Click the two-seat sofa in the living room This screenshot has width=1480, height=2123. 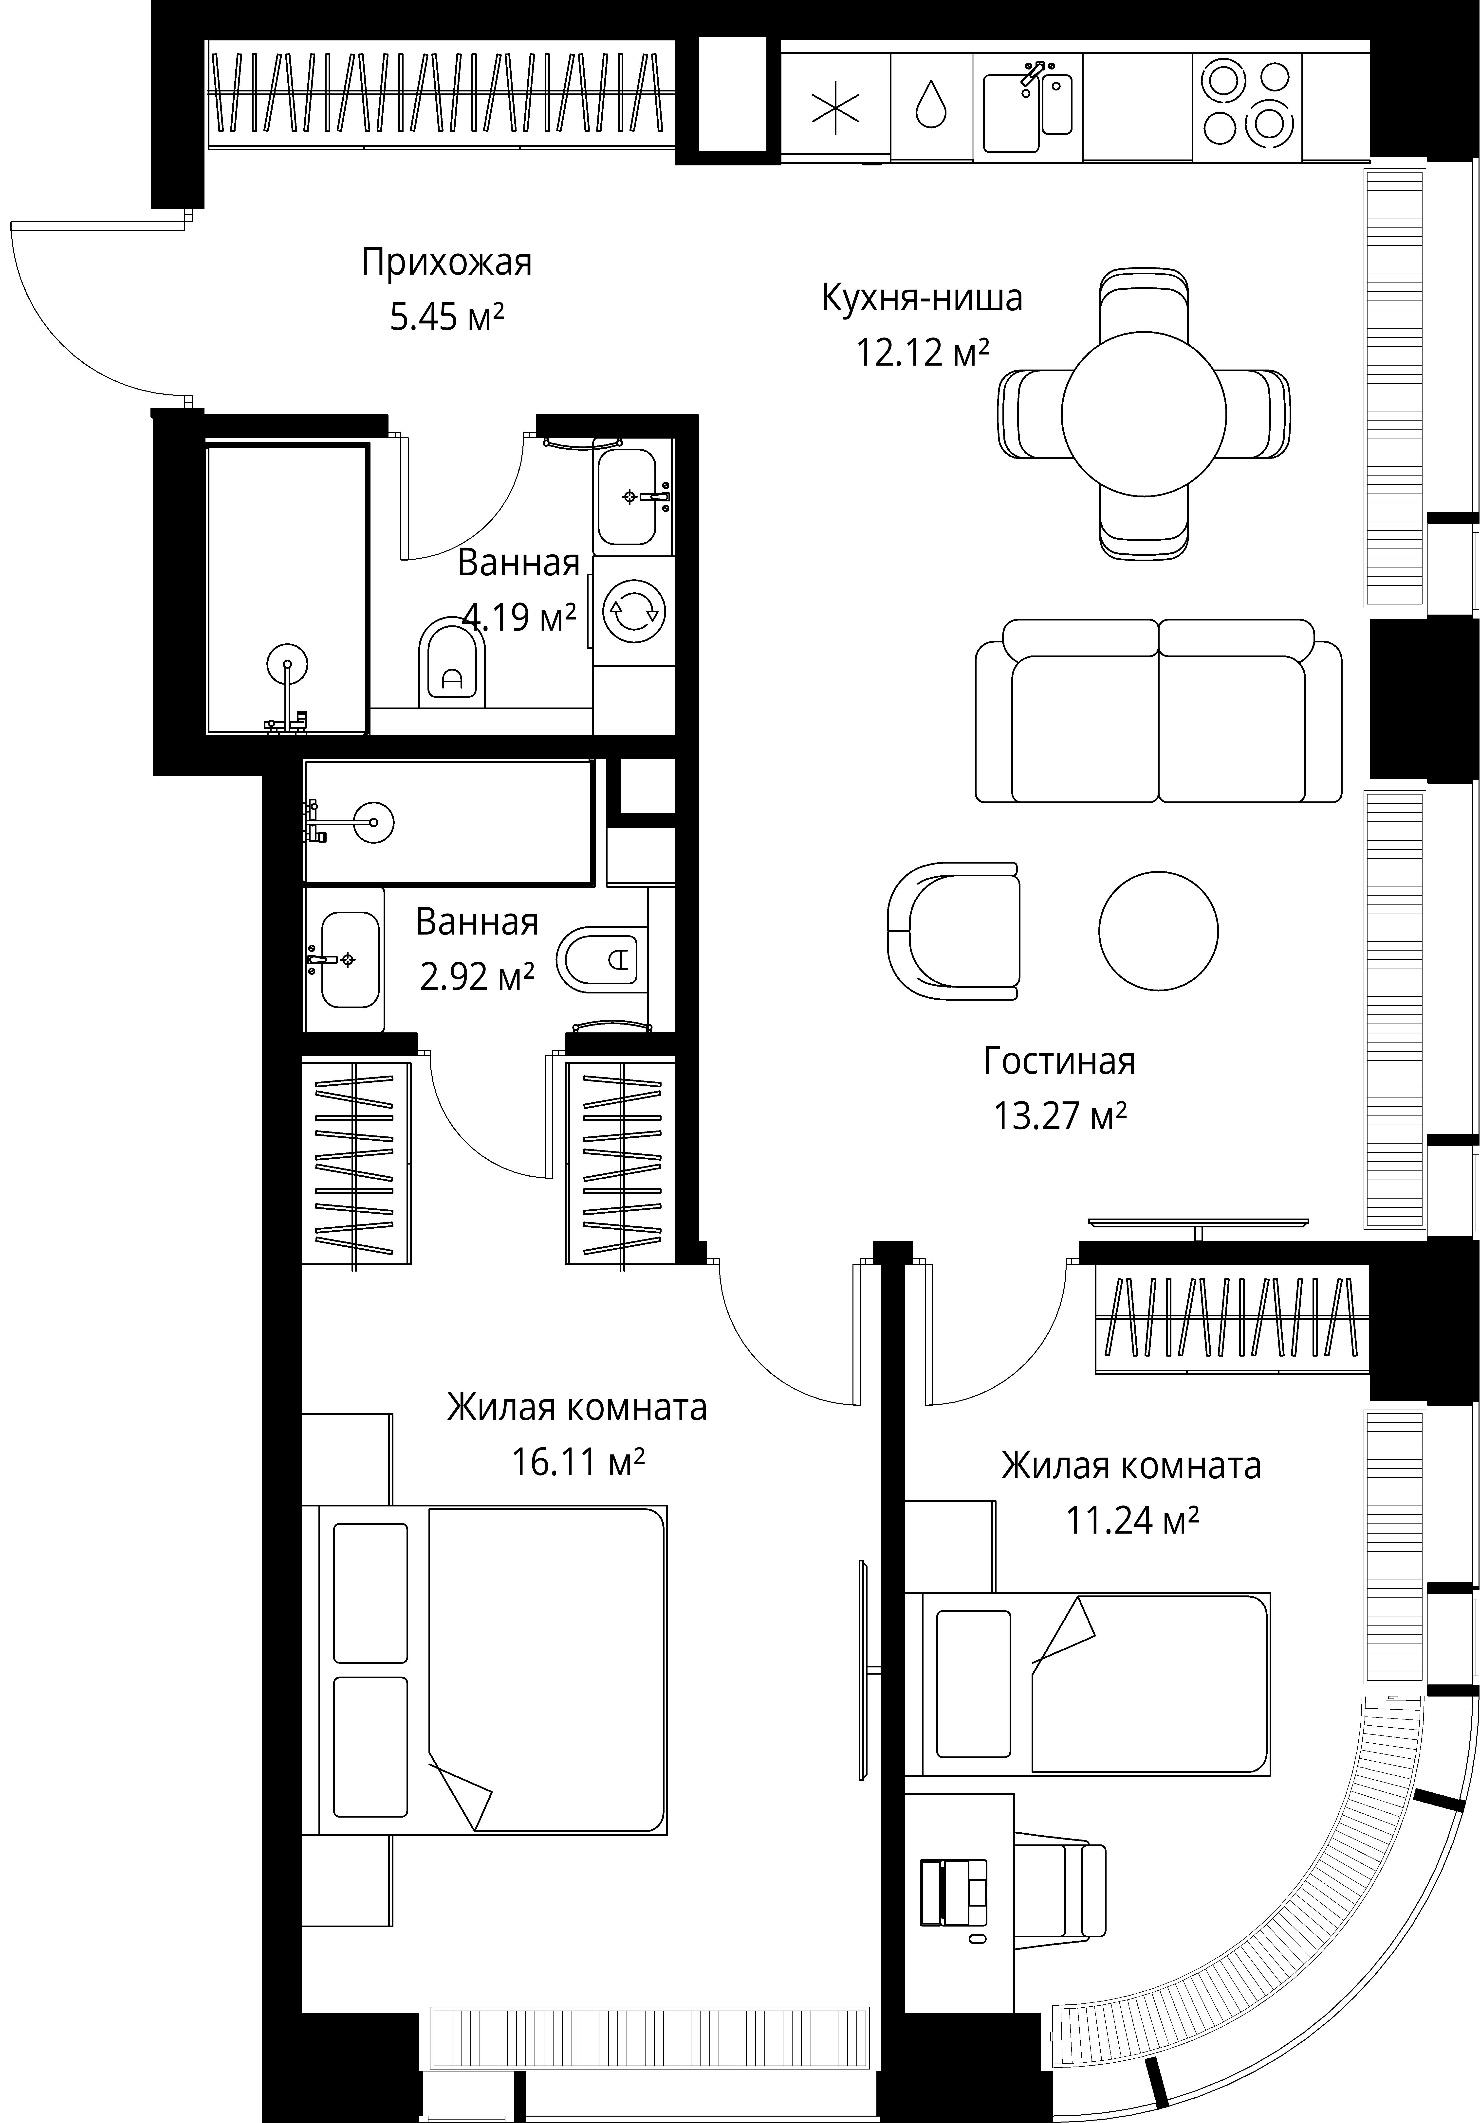point(1158,710)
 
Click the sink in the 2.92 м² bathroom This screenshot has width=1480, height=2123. point(346,959)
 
